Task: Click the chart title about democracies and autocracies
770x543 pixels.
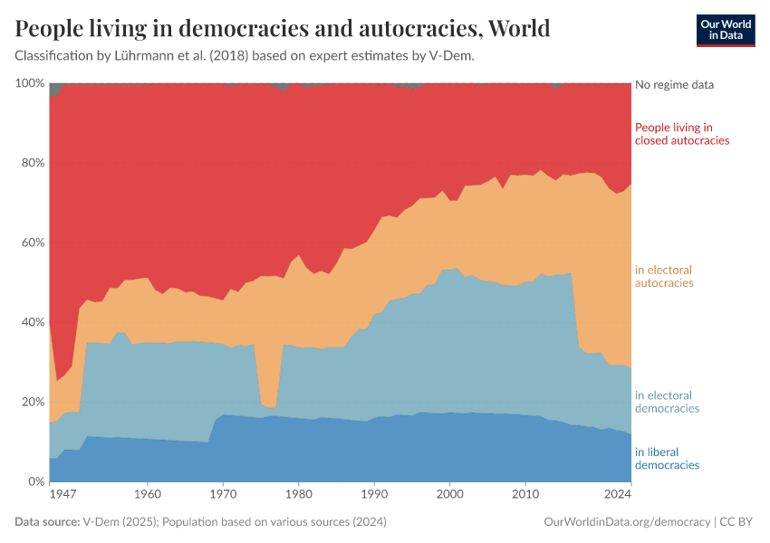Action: pos(283,29)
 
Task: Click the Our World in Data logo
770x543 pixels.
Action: pos(725,30)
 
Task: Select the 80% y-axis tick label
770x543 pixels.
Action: pos(32,163)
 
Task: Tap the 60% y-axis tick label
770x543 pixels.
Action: pos(32,243)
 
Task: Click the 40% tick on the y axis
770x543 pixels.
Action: pos(32,322)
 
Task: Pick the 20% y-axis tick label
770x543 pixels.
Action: pos(32,402)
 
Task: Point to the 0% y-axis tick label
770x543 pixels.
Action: pos(35,481)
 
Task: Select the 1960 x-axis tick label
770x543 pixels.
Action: pos(148,495)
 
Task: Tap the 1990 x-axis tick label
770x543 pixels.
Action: pos(374,495)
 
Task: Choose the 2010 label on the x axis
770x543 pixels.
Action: pos(525,495)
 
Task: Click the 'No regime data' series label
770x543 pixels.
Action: pos(675,85)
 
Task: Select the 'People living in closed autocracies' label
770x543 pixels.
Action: pos(682,134)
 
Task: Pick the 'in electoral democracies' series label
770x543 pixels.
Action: pos(668,402)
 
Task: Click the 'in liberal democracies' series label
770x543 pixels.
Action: pos(668,458)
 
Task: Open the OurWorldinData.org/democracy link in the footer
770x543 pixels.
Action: pos(627,522)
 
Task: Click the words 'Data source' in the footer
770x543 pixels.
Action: pos(46,522)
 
